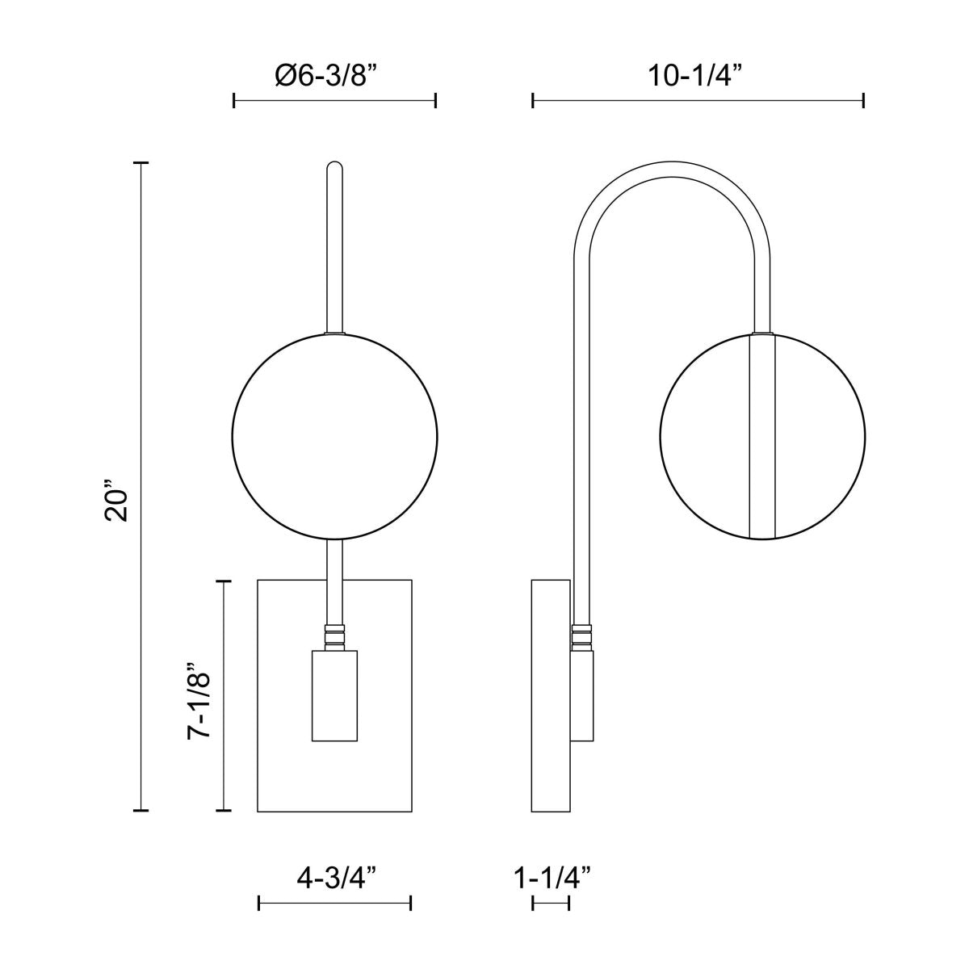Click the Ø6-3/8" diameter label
click(333, 77)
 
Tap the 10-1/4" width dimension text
click(696, 77)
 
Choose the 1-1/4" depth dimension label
click(552, 879)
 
